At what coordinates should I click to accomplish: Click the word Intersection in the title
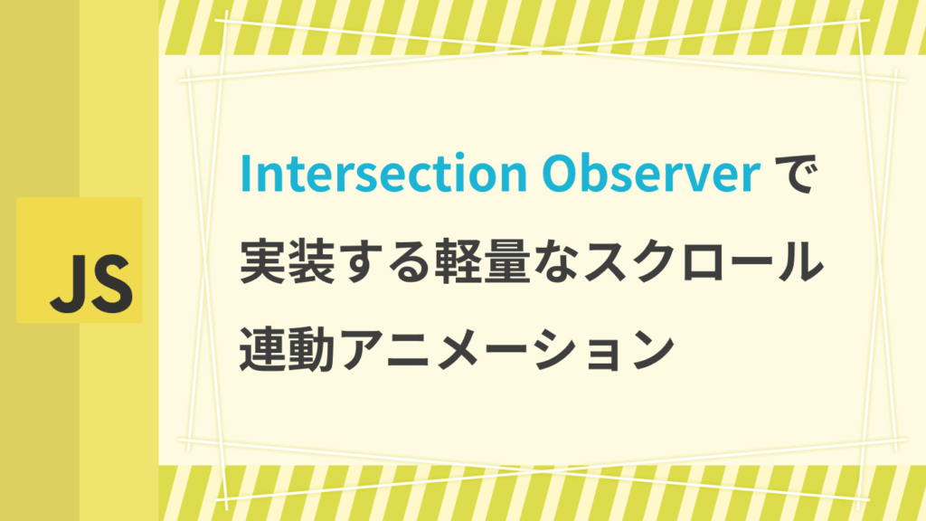(383, 174)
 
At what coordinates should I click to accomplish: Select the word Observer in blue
(651, 174)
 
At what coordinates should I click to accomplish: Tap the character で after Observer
(794, 174)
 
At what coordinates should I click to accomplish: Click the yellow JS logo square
(80, 260)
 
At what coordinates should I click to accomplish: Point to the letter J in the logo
(66, 284)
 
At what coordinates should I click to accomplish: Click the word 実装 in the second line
(288, 261)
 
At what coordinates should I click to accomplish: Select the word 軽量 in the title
(482, 261)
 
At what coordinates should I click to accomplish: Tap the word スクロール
(703, 261)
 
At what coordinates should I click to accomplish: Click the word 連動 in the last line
(288, 348)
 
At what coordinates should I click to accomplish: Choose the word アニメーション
(506, 348)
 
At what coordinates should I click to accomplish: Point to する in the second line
(385, 261)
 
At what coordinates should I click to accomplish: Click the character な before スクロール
(555, 261)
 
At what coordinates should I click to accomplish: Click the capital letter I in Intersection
(245, 174)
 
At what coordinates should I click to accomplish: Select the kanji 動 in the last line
(312, 348)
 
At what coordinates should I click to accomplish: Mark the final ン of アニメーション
(653, 348)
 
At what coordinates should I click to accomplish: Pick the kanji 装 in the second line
(312, 261)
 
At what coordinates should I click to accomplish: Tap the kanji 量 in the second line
(506, 261)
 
